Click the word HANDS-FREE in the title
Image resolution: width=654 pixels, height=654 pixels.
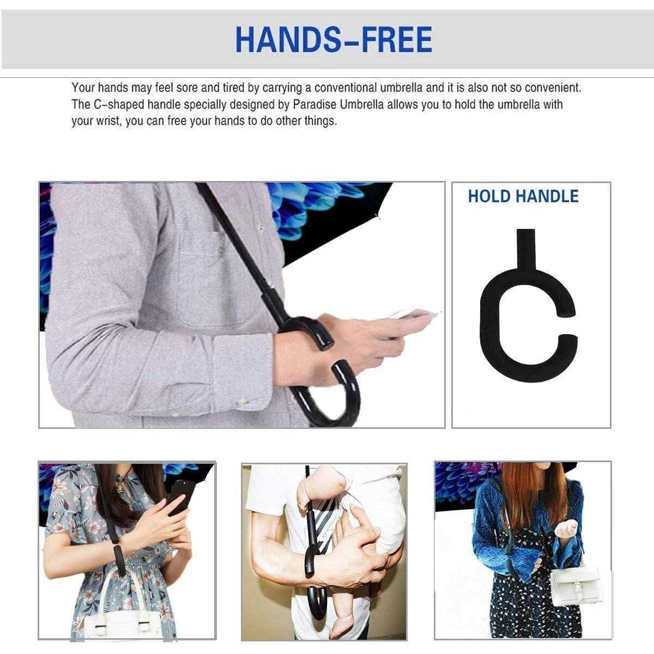[x=334, y=39]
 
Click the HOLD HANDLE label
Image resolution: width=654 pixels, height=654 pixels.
[x=523, y=196]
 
